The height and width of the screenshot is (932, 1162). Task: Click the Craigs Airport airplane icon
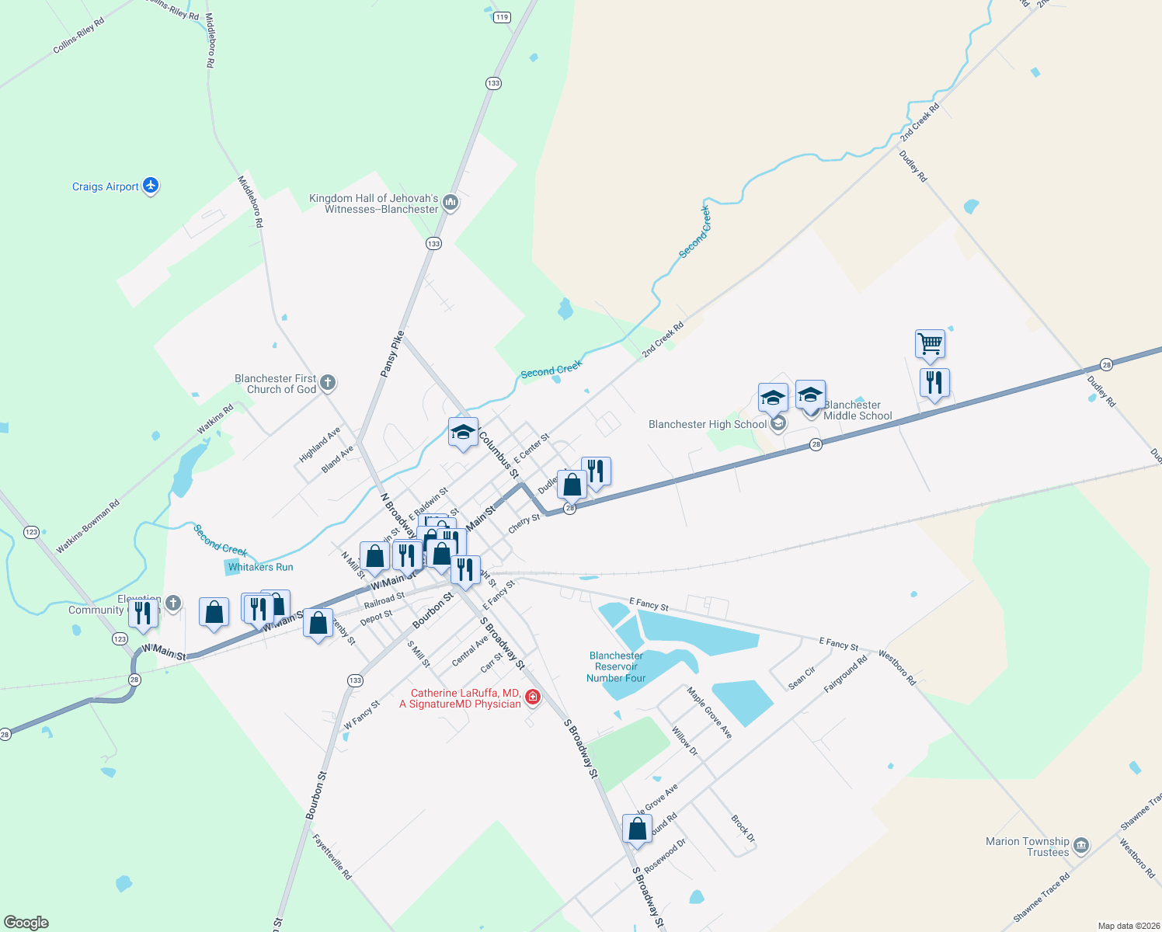pos(151,186)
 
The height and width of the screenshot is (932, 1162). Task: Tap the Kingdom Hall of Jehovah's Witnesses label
pos(374,203)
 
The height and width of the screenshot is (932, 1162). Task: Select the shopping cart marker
pos(930,343)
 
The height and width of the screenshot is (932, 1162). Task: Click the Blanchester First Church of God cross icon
pos(328,382)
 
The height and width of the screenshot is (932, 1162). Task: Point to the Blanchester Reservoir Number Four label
pos(616,667)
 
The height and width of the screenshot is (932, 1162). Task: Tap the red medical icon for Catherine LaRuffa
pos(533,697)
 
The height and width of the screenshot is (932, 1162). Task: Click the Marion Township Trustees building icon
pos(1081,845)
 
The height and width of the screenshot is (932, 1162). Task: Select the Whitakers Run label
pos(261,567)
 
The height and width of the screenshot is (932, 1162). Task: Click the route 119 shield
pos(502,17)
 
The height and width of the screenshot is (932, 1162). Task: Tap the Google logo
pos(26,923)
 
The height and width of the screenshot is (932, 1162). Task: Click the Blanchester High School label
pos(708,424)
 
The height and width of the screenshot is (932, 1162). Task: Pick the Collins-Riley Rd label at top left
pos(78,37)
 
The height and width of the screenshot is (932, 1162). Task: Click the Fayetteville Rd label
pos(332,857)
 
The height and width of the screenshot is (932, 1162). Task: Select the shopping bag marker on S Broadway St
pos(637,829)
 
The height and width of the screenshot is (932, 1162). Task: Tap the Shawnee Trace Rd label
pos(1042,896)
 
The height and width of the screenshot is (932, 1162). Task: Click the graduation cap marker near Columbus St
pos(463,433)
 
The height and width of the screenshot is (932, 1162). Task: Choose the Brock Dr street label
pos(743,829)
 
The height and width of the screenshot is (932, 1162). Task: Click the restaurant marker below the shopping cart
pos(934,383)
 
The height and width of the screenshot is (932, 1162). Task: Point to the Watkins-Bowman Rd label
pos(88,527)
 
